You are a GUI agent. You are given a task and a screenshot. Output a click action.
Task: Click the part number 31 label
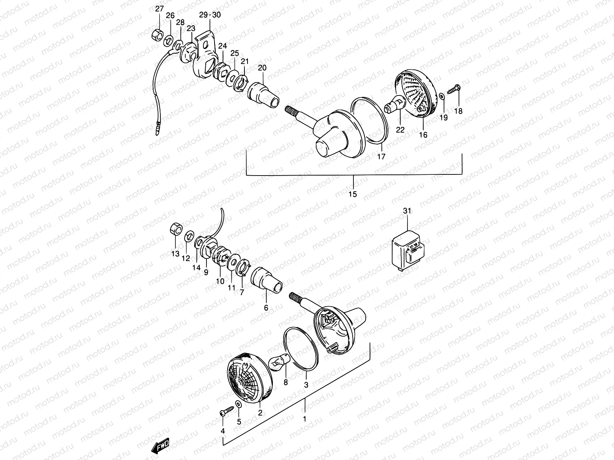(407, 211)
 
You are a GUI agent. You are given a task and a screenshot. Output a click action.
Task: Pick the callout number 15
(353, 194)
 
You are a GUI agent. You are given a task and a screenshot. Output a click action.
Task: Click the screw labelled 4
(226, 412)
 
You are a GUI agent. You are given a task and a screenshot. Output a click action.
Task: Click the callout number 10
(220, 281)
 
